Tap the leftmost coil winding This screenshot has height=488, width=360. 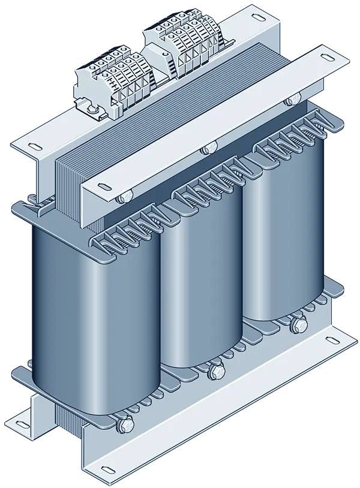[96, 318]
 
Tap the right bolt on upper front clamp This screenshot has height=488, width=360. [293, 98]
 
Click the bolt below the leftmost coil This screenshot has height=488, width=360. [125, 425]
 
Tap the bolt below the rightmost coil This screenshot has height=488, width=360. [296, 327]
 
